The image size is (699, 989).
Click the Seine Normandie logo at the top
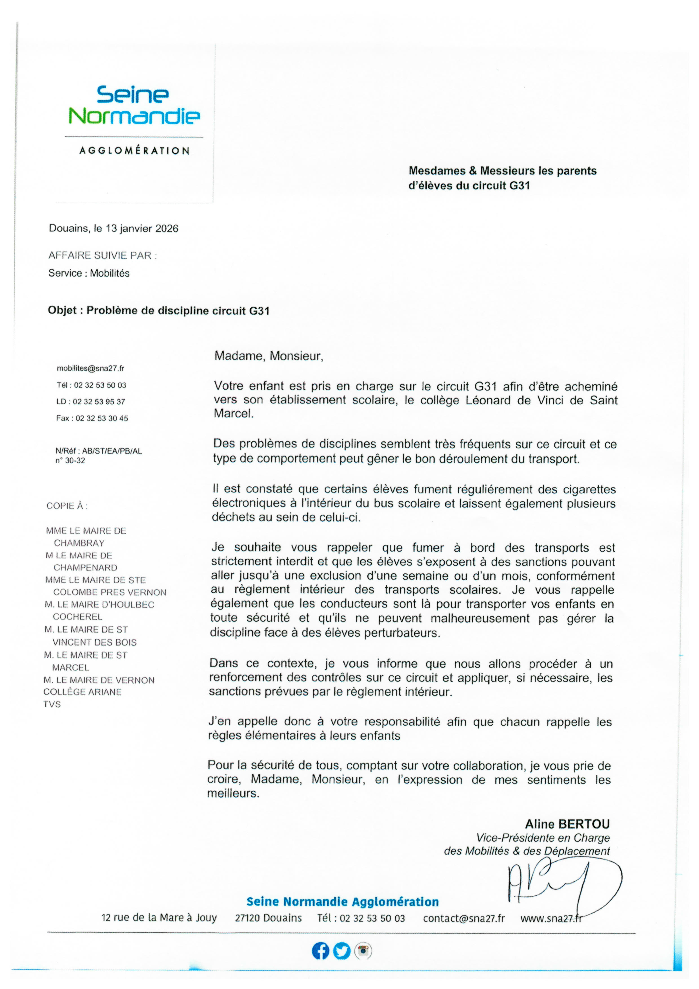134,105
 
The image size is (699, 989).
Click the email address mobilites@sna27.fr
90,368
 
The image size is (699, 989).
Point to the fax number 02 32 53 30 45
102,418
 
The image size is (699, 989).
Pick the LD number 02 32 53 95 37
99,401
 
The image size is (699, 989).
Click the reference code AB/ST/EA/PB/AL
112,451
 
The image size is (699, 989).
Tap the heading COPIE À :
67,506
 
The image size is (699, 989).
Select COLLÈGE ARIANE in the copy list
83,692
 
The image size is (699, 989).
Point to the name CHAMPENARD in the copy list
85,568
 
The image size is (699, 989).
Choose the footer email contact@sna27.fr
463,918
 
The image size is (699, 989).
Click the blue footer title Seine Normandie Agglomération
343,902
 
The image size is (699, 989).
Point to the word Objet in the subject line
63,311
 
